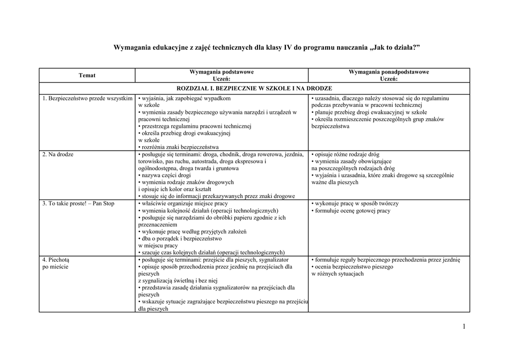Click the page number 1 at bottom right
click(x=463, y=326)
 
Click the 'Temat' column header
click(x=87, y=76)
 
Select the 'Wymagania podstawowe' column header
click(x=221, y=72)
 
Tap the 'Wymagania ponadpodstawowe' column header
click(x=389, y=72)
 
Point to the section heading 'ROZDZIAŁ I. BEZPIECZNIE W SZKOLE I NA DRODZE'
click(x=254, y=88)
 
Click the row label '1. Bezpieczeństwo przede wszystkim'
click(x=87, y=98)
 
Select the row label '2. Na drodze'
click(x=58, y=155)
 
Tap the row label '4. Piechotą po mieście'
click(x=56, y=263)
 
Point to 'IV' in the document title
click(x=287, y=48)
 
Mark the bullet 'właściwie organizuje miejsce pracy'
click(x=184, y=204)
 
